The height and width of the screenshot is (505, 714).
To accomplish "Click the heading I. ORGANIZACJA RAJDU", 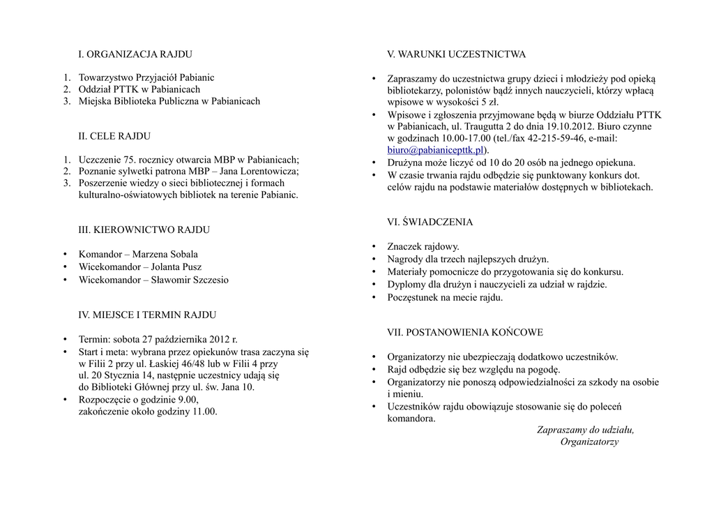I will click(135, 54).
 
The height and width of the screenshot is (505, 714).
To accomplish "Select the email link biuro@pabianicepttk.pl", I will click(435, 150).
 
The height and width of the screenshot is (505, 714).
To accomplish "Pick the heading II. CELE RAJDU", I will click(114, 136).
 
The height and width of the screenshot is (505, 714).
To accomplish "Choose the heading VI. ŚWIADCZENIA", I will click(430, 223).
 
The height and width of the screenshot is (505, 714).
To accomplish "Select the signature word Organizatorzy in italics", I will click(589, 442).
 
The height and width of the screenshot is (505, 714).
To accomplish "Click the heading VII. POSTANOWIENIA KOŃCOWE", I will click(465, 333).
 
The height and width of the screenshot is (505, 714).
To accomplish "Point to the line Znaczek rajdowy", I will click(423, 246).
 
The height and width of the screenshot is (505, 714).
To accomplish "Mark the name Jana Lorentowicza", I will click(259, 172).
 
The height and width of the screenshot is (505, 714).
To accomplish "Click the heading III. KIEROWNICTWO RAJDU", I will click(144, 229).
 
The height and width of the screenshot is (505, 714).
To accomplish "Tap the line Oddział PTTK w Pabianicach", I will click(139, 89).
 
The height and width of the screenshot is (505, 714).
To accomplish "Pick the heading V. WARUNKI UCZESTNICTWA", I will click(457, 54).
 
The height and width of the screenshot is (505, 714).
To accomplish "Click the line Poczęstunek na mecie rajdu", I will click(445, 297).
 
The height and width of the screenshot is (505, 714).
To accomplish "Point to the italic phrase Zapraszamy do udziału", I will click(586, 430).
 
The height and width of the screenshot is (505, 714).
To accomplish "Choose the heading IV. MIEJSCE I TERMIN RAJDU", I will click(147, 315).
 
